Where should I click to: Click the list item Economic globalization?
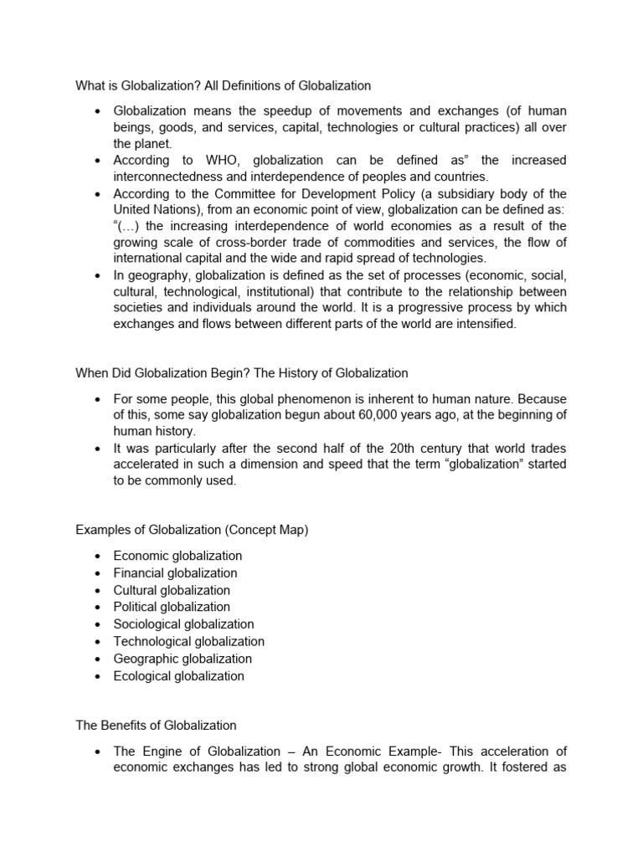tap(177, 556)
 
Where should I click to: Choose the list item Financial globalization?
tap(175, 573)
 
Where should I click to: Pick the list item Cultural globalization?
tap(172, 590)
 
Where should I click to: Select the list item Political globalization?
tap(172, 607)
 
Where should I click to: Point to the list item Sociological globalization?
tap(183, 624)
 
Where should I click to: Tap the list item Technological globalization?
tap(188, 642)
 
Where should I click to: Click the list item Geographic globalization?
tap(183, 659)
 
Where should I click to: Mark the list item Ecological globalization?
tap(178, 676)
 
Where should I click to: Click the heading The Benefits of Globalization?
tap(156, 726)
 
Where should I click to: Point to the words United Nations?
tap(154, 209)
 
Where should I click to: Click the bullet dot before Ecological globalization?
tap(98, 676)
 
